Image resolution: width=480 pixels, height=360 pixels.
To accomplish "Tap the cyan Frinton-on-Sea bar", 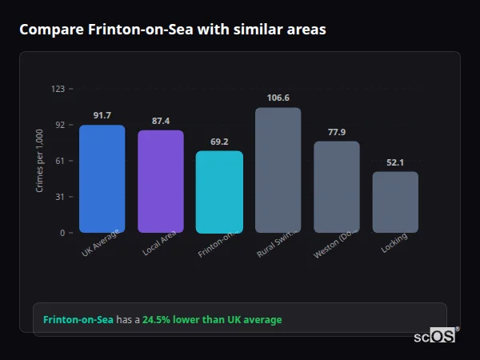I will pos(219,191).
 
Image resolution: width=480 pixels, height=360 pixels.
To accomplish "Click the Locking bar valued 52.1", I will pos(395,202).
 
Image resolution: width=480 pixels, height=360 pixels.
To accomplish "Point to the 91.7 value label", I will pos(102,116).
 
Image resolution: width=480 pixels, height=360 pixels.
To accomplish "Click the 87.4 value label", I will pos(161,121).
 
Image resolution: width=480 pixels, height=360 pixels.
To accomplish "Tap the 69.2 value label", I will pos(219,142).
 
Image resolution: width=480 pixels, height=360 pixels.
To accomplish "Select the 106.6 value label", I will pos(278,98).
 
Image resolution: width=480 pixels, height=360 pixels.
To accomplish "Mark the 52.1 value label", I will pos(395,162).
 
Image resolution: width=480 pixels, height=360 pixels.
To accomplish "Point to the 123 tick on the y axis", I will pos(58,89).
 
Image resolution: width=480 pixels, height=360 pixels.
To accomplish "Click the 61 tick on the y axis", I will pos(60,161).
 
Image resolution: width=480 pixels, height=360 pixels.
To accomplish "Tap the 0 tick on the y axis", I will pos(62,233).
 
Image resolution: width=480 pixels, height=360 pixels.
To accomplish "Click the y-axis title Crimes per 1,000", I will pos(40,160).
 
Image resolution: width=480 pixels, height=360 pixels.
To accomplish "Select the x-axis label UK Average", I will pos(101,243).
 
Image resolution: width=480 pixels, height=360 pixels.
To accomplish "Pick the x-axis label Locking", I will pos(394,242).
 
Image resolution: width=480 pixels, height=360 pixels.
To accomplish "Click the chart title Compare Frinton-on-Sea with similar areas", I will pos(173,30).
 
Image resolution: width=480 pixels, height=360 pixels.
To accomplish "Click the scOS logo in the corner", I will pos(435,336).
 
